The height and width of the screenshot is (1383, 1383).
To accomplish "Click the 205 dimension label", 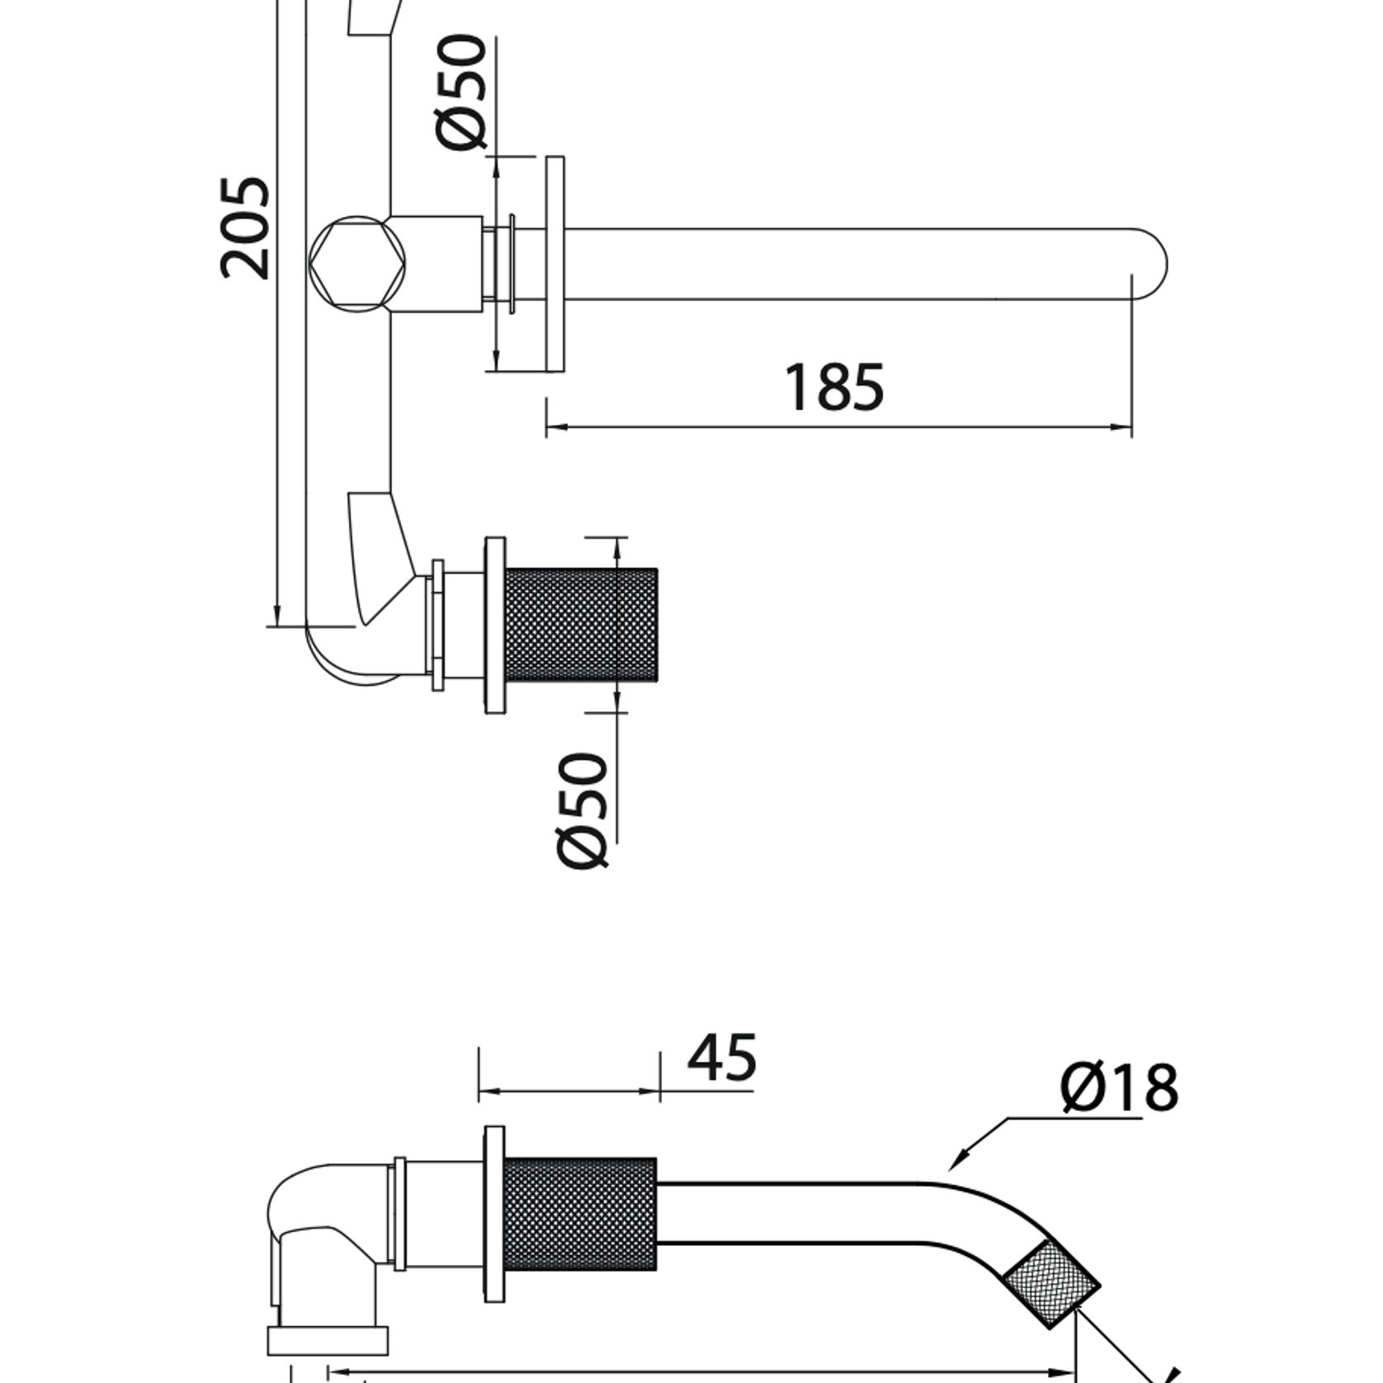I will click(x=246, y=228).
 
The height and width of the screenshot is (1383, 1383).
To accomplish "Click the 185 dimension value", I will click(x=833, y=387).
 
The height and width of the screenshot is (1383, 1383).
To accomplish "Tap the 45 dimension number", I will click(x=721, y=1058).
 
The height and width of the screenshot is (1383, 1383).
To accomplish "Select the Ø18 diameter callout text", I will click(x=1119, y=1087).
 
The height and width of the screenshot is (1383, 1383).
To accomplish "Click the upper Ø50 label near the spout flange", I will click(x=461, y=92).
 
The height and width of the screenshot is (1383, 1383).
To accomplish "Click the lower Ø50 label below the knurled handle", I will click(x=583, y=810).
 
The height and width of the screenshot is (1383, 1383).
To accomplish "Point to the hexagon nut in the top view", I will click(x=357, y=263).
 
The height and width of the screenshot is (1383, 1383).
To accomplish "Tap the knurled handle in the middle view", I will click(x=580, y=625).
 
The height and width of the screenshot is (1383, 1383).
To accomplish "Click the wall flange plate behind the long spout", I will click(x=555, y=263).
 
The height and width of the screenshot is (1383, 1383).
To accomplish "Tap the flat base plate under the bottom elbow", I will click(x=328, y=1340).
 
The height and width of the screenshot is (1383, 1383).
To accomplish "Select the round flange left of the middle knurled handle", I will click(x=495, y=625).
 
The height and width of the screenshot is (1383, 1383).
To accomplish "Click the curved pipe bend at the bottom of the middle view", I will click(x=347, y=664).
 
